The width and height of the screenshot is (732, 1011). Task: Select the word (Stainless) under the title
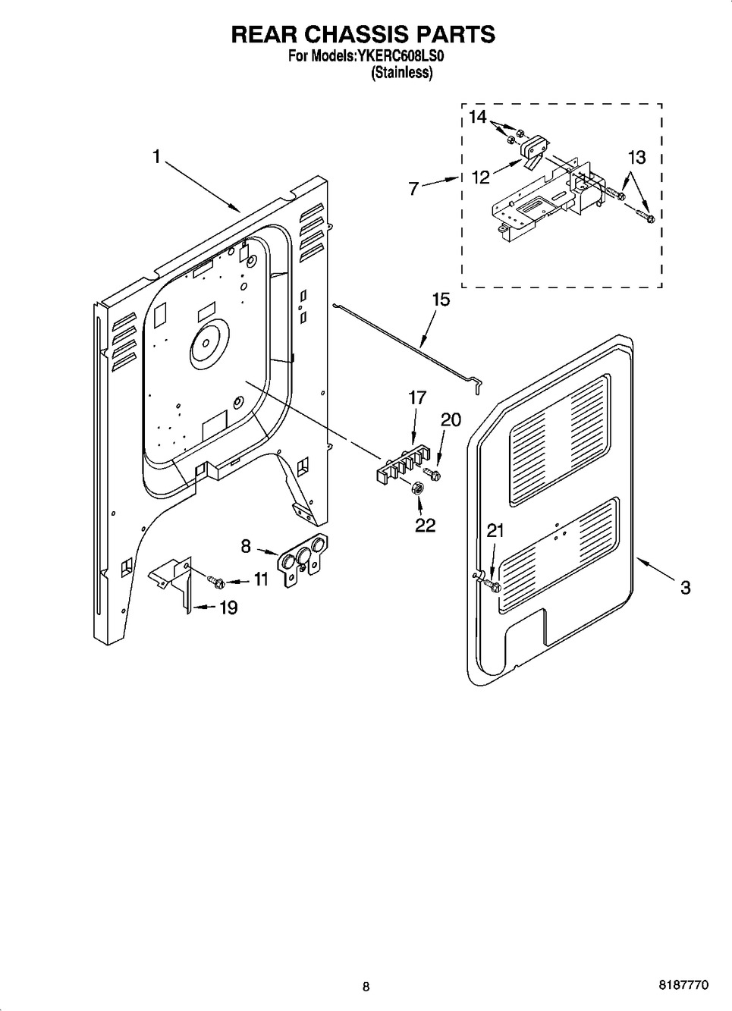401,73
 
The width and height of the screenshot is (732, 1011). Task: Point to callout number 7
413,188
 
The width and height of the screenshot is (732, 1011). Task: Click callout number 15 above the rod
440,300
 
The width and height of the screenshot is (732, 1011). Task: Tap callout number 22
425,525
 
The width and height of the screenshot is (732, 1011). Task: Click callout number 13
636,157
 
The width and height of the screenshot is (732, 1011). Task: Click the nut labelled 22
416,489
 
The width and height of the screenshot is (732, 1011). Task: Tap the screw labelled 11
215,581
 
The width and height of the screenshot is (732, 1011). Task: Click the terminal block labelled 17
403,463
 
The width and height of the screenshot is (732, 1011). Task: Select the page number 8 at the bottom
366,987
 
